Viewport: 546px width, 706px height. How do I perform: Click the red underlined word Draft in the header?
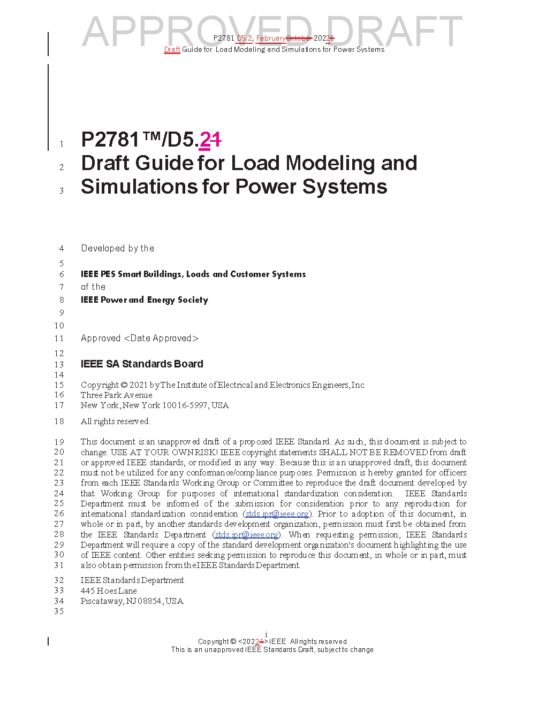(172, 50)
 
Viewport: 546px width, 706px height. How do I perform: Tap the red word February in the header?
(271, 38)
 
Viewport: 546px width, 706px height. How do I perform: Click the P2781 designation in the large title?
(110, 140)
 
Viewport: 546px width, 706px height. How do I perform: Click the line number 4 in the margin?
(62, 249)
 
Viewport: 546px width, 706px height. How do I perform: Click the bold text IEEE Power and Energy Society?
(145, 300)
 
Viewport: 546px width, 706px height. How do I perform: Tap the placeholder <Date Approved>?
(161, 339)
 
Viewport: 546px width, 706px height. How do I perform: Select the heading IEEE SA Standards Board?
(142, 364)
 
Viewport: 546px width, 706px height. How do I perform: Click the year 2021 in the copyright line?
(138, 385)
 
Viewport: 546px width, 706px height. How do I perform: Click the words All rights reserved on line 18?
(115, 421)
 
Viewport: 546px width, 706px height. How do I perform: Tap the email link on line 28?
(246, 535)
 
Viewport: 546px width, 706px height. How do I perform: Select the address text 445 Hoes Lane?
(109, 591)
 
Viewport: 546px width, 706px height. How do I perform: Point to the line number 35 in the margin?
(59, 611)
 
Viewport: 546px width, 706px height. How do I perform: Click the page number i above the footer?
(266, 634)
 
